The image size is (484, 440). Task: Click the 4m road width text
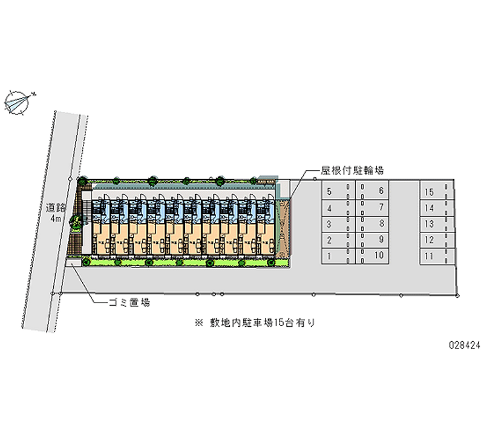click(x=56, y=218)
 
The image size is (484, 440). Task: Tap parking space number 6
click(x=381, y=192)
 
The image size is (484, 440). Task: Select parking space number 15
click(x=429, y=192)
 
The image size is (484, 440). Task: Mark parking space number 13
click(x=429, y=225)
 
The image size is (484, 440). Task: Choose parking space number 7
click(x=381, y=208)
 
